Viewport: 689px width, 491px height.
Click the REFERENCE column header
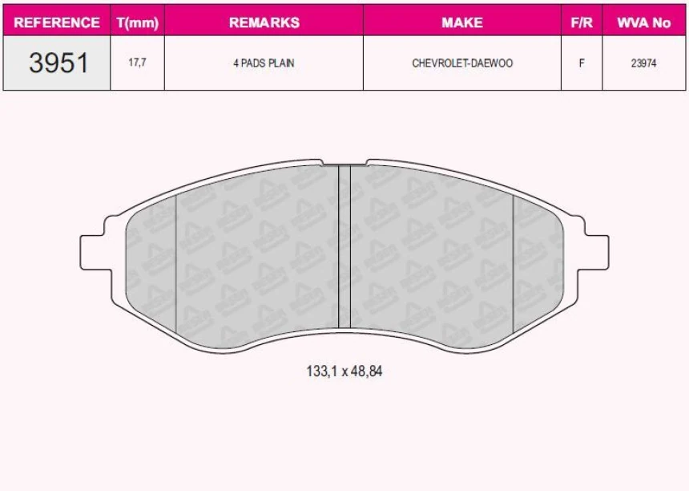[x=57, y=22]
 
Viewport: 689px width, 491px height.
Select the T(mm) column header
[x=138, y=23]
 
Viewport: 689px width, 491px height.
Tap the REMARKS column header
[x=264, y=22]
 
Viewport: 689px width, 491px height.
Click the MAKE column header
[x=462, y=22]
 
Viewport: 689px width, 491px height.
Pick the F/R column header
[x=582, y=22]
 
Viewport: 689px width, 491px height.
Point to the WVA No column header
[x=644, y=22]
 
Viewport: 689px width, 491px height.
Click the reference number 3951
[x=58, y=63]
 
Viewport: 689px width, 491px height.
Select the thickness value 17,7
[x=137, y=63]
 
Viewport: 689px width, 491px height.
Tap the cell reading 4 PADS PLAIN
[x=264, y=63]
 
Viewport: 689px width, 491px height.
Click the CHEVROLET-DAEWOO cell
[x=462, y=63]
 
